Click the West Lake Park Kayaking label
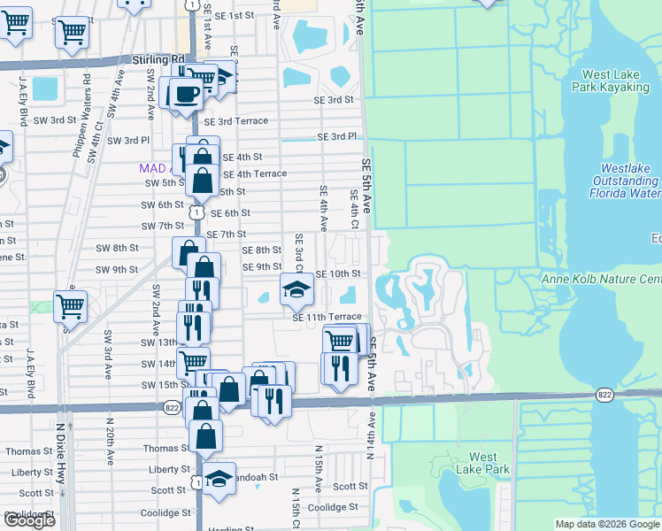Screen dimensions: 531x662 (x=616, y=82)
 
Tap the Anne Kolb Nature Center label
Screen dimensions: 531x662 (x=601, y=280)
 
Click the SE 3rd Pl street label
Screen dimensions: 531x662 (x=337, y=137)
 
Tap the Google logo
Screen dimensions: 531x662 (x=29, y=520)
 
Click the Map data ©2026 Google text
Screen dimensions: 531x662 (x=607, y=524)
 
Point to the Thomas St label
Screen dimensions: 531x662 (x=23, y=451)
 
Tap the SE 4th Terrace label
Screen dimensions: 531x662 (x=254, y=173)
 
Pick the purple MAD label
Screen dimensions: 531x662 (x=151, y=167)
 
